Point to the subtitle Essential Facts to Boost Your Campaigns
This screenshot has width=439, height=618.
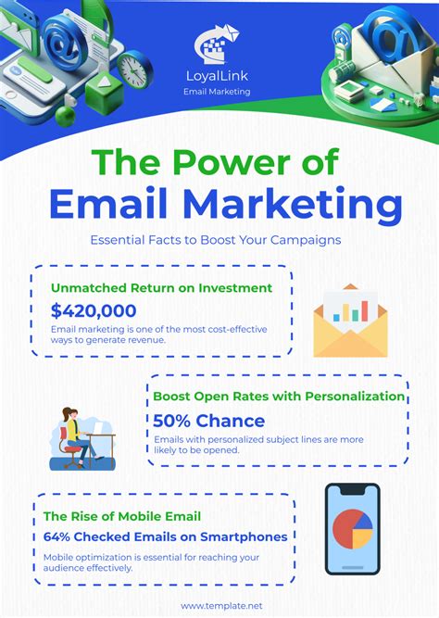(216, 239)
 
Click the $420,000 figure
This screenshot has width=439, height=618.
(94, 310)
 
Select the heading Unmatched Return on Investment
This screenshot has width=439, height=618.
(161, 287)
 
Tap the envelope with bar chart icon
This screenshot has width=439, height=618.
(349, 322)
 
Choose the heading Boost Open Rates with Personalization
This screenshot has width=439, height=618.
(279, 397)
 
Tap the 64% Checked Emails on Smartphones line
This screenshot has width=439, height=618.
(165, 536)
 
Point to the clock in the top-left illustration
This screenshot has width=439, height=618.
(134, 69)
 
